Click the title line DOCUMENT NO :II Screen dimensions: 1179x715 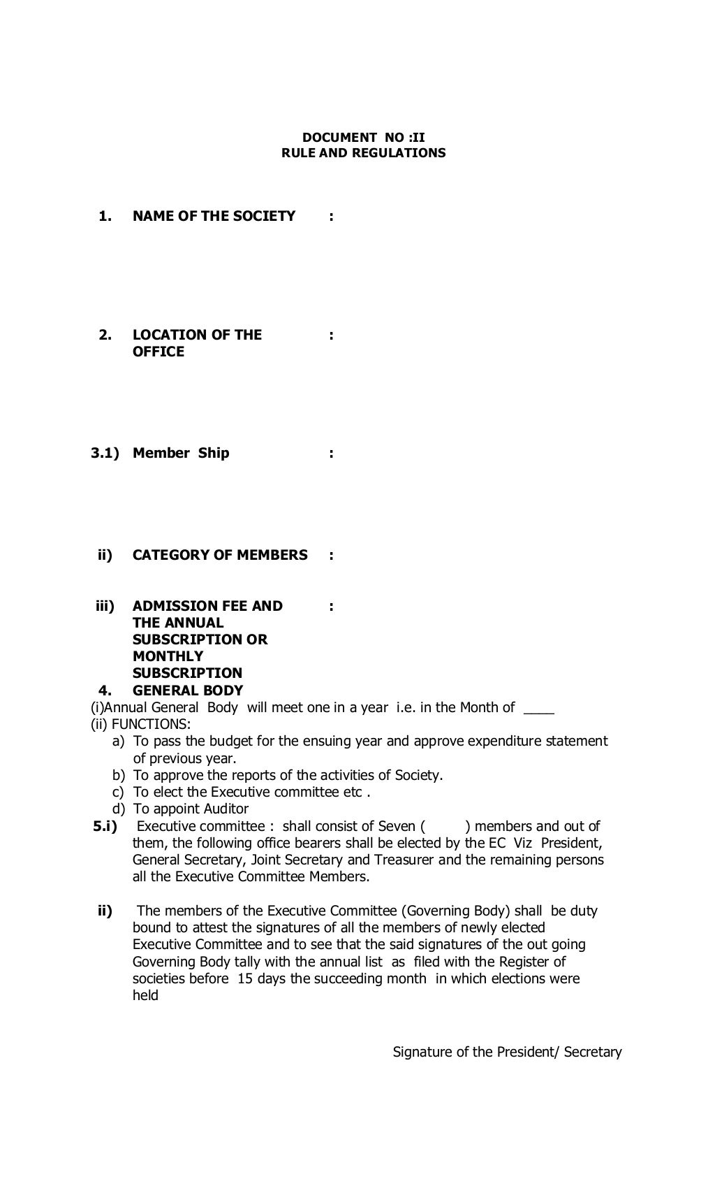pos(363,138)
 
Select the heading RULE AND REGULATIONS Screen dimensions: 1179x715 pos(363,153)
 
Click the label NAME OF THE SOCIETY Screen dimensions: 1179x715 pos(214,216)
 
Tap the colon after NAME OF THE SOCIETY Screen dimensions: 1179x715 pos(331,217)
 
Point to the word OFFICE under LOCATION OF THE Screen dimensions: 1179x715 pos(159,352)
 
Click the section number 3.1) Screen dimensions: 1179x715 pos(105,453)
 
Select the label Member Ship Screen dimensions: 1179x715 pos(181,453)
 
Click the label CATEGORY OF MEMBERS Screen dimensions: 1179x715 pos(220,555)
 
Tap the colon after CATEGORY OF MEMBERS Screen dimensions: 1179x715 pos(331,556)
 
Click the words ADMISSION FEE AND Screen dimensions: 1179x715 pos(207,606)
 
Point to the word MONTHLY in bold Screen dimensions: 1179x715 pos(168,656)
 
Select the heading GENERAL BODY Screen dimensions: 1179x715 pos(188,690)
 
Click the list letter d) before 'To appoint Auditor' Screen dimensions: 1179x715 pos(119,809)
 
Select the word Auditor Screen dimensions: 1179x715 pos(226,809)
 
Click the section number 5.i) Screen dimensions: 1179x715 pos(105,826)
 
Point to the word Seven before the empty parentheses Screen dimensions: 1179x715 pos(397,826)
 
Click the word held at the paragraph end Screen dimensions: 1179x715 pos(145,995)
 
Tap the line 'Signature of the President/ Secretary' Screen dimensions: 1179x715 pos(507,1052)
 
